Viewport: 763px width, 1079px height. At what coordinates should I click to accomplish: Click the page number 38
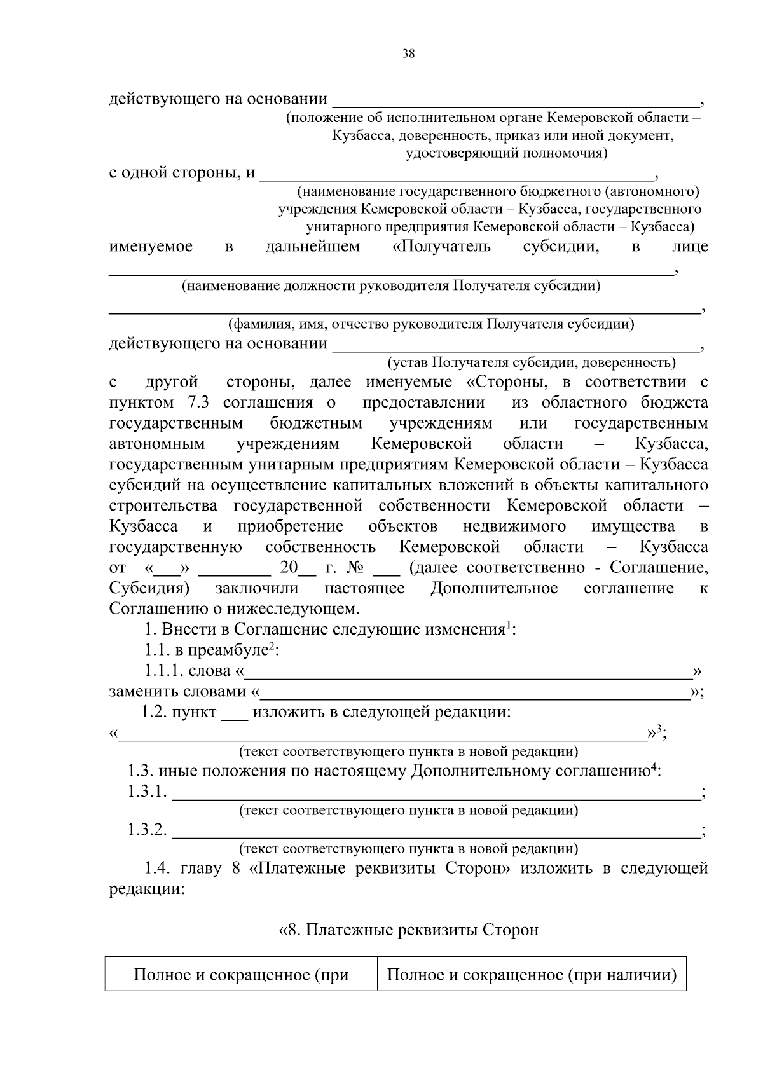point(408,54)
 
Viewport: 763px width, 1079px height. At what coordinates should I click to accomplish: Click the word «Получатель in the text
point(441,247)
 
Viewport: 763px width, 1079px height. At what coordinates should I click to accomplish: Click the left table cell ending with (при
point(241,975)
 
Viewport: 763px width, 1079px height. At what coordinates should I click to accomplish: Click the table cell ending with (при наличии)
point(532,975)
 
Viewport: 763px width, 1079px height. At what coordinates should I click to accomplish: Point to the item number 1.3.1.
point(146,792)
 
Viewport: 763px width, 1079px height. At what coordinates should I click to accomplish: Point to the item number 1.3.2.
point(146,830)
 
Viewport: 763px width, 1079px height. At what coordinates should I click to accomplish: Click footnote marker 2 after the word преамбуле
point(271,646)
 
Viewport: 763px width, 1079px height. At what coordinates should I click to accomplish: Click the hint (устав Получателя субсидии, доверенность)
point(532,362)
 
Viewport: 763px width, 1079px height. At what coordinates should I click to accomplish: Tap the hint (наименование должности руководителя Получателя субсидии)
point(391,285)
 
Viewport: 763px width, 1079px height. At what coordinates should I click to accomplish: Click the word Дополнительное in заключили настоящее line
point(494,588)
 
